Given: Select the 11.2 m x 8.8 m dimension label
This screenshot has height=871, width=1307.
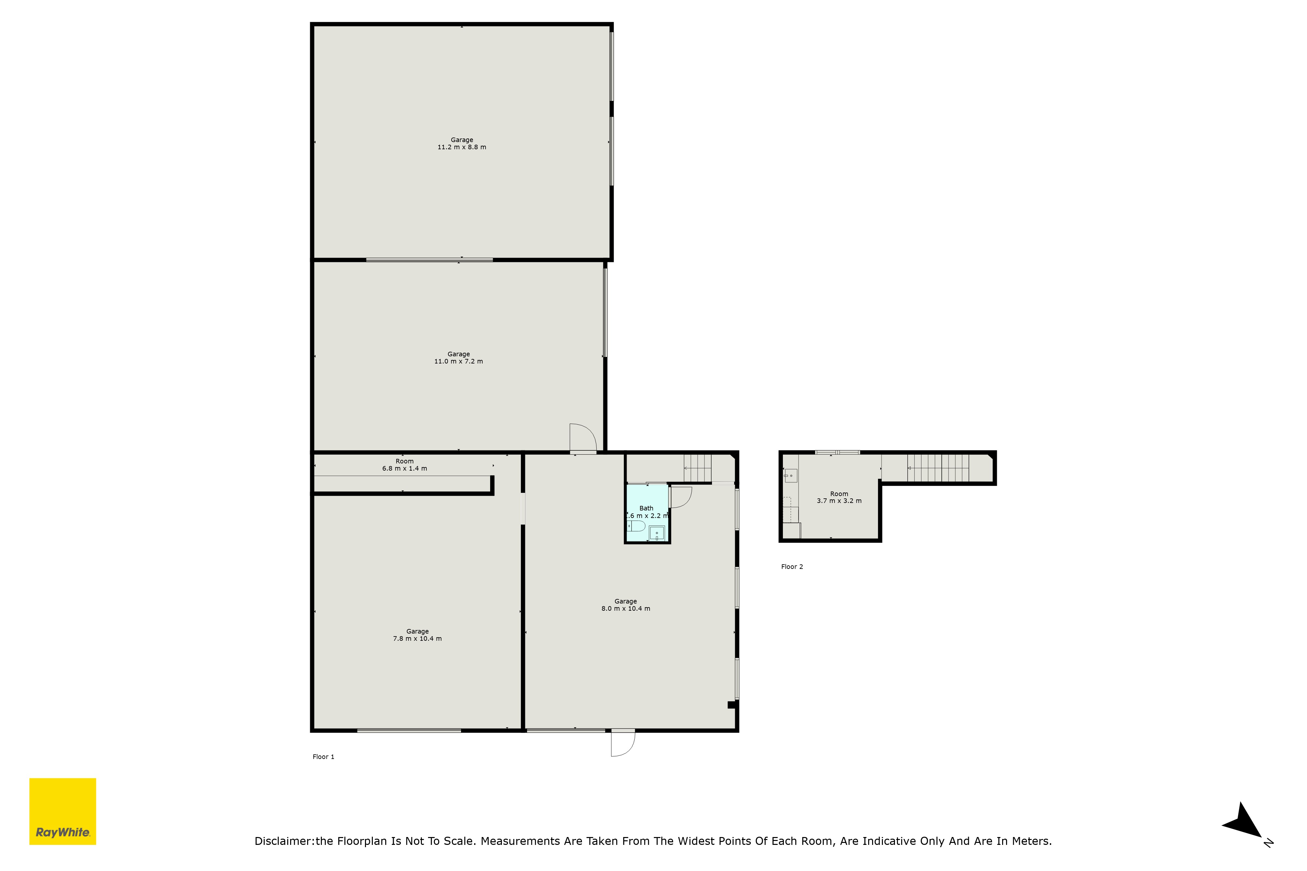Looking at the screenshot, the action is click(462, 147).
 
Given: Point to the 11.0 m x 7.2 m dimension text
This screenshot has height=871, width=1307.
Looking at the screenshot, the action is click(458, 362).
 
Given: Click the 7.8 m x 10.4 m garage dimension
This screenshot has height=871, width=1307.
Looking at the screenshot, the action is click(417, 639).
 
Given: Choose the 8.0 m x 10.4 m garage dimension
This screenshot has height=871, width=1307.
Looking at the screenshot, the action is click(626, 609).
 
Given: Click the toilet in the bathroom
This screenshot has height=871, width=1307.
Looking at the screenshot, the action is click(636, 526).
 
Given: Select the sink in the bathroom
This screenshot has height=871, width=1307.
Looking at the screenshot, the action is click(657, 533).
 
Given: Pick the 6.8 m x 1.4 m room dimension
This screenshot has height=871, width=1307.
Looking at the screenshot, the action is click(405, 469).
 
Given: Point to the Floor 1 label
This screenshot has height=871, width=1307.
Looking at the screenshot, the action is click(323, 757).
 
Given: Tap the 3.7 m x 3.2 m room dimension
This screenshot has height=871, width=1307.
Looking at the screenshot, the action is click(839, 501).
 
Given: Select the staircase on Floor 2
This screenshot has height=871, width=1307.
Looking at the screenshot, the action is click(938, 468).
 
